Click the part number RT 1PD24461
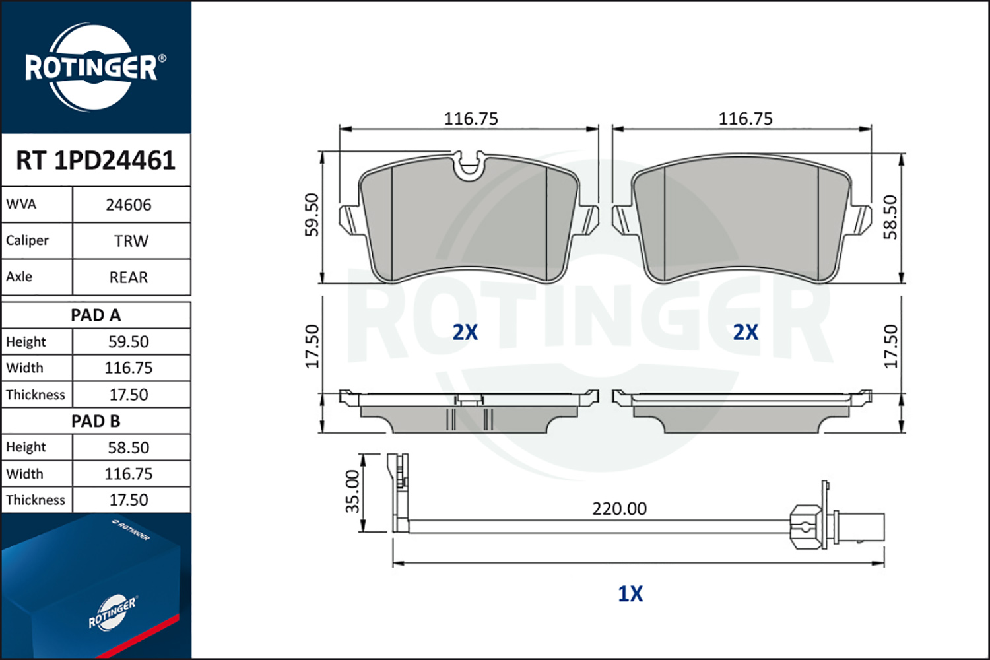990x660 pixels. pyautogui.click(x=96, y=160)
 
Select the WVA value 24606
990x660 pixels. pyautogui.click(x=129, y=205)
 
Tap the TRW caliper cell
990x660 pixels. pyautogui.click(x=131, y=242)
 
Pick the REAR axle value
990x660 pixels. pyautogui.click(x=129, y=278)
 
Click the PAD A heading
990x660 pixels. pyautogui.click(x=96, y=315)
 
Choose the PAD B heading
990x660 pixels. pyautogui.click(x=96, y=421)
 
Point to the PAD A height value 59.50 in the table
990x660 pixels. pyautogui.click(x=129, y=342)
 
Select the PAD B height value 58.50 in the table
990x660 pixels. pyautogui.click(x=129, y=447)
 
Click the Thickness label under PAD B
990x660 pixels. pyautogui.click(x=36, y=500)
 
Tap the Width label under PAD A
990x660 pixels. pyautogui.click(x=25, y=368)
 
